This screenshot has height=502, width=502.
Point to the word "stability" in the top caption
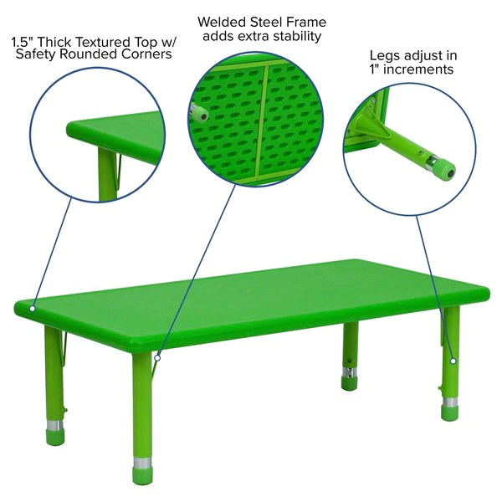pos(293,37)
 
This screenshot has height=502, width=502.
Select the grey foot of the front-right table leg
pos(450,410)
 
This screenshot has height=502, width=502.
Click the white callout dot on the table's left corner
pos(33,308)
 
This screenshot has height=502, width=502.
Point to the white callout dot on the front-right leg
pos(453,361)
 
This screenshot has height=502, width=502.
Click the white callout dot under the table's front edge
pos(157,358)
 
